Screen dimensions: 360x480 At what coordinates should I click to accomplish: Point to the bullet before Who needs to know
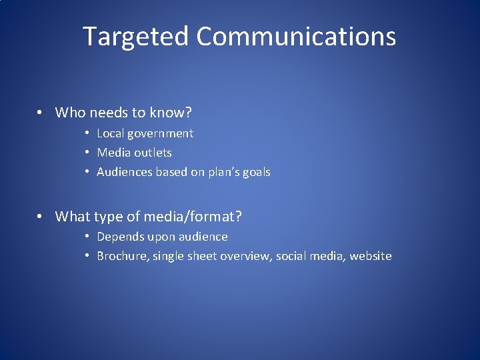pyautogui.click(x=41, y=113)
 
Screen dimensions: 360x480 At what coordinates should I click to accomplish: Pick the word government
pyautogui.click(x=162, y=133)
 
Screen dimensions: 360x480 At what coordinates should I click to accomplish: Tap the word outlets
pyautogui.click(x=153, y=153)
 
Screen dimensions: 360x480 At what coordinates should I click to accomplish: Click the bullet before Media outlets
pyautogui.click(x=88, y=153)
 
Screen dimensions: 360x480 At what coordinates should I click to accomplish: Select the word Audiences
pyautogui.click(x=125, y=172)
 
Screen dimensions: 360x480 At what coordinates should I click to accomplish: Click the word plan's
pyautogui.click(x=227, y=172)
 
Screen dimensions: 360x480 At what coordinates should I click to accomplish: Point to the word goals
pyautogui.click(x=257, y=172)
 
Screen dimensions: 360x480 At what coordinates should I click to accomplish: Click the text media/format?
pyautogui.click(x=198, y=216)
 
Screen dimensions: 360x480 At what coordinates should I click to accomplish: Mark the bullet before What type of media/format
pyautogui.click(x=41, y=216)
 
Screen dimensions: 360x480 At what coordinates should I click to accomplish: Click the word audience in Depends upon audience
pyautogui.click(x=203, y=237)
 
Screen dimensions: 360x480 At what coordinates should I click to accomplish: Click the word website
pyautogui.click(x=370, y=256)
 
